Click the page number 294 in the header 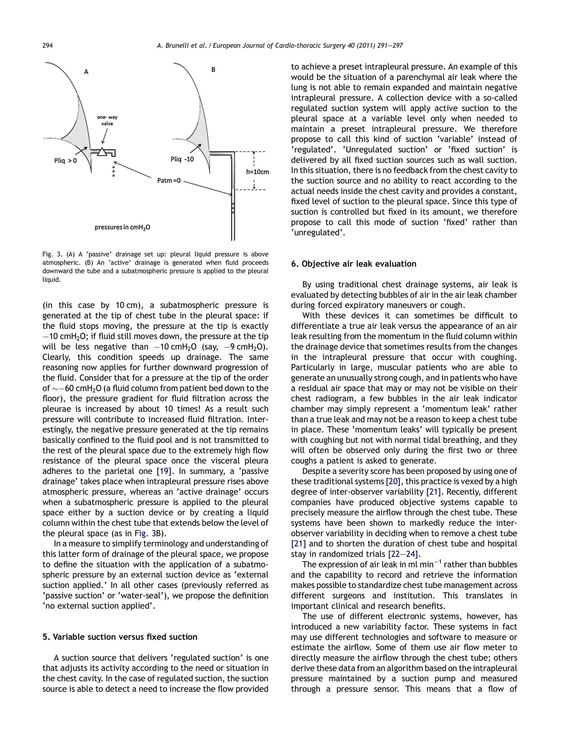[47, 45]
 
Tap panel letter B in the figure [213, 69]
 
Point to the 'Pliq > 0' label [66, 160]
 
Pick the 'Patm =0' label [169, 180]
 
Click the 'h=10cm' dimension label [258, 172]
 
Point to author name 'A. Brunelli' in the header [173, 45]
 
